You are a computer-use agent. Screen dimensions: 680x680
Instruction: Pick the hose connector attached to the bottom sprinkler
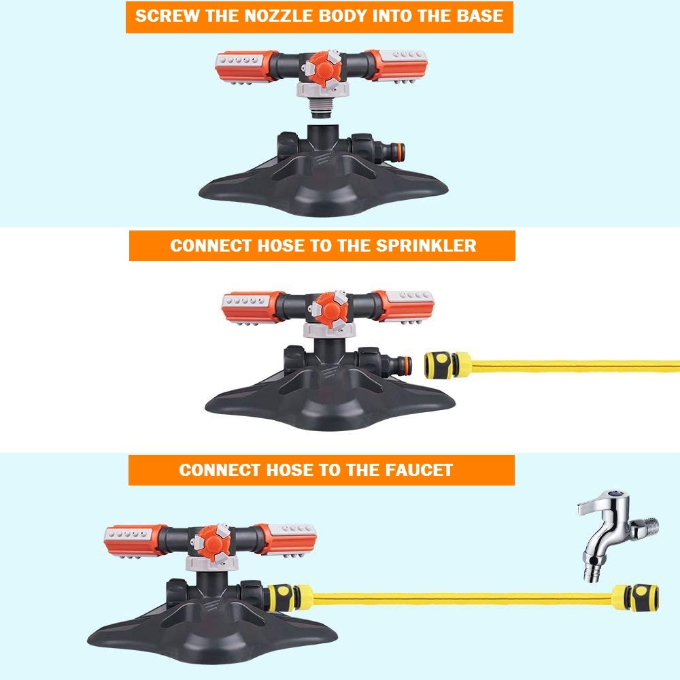[285, 596]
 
